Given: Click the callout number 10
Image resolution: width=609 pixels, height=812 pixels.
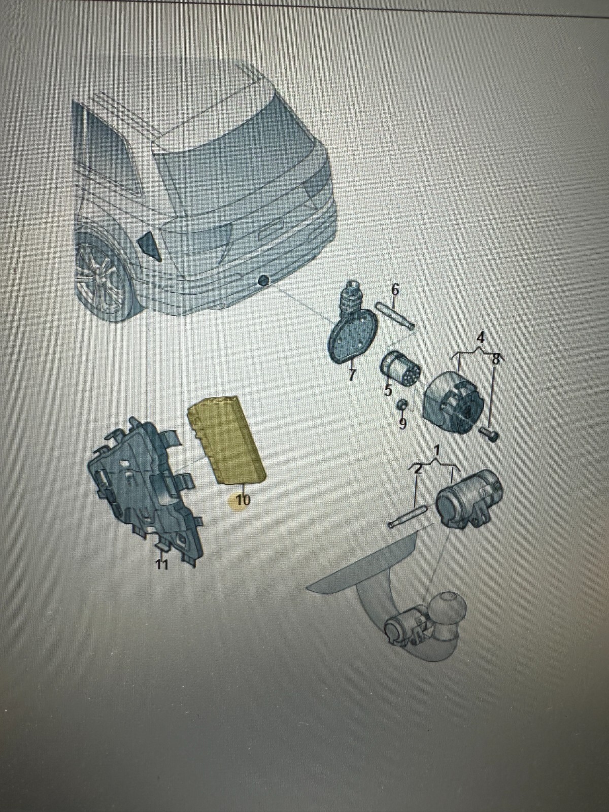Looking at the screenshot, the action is pyautogui.click(x=243, y=500).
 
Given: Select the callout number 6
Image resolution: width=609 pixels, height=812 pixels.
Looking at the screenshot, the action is pyautogui.click(x=395, y=290).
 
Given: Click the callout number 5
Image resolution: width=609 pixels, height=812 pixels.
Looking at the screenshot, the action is pyautogui.click(x=388, y=390).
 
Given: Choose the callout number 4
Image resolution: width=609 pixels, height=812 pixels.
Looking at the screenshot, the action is pyautogui.click(x=480, y=338).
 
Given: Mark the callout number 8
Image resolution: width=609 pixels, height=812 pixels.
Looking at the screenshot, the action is pyautogui.click(x=495, y=359).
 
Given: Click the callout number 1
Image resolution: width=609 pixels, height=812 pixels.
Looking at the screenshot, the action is pyautogui.click(x=437, y=451).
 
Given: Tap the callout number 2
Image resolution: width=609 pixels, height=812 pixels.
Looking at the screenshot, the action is pyautogui.click(x=418, y=470).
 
